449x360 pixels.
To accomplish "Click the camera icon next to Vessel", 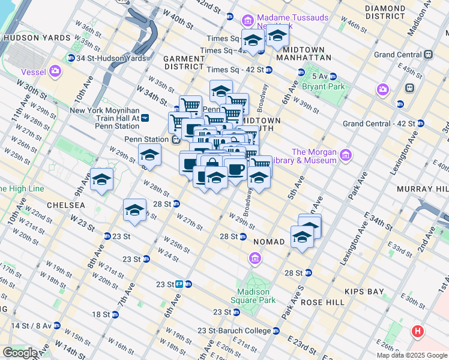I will (x=55, y=72).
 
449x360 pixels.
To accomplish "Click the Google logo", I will (x=19, y=353).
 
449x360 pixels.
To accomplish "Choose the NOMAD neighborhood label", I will (x=273, y=241).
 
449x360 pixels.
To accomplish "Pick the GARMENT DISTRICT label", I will (x=185, y=62).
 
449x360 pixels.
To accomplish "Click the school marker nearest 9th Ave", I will (x=101, y=179).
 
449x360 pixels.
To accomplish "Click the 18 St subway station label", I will (x=101, y=314).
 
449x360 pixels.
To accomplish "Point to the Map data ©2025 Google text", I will (x=411, y=355).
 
